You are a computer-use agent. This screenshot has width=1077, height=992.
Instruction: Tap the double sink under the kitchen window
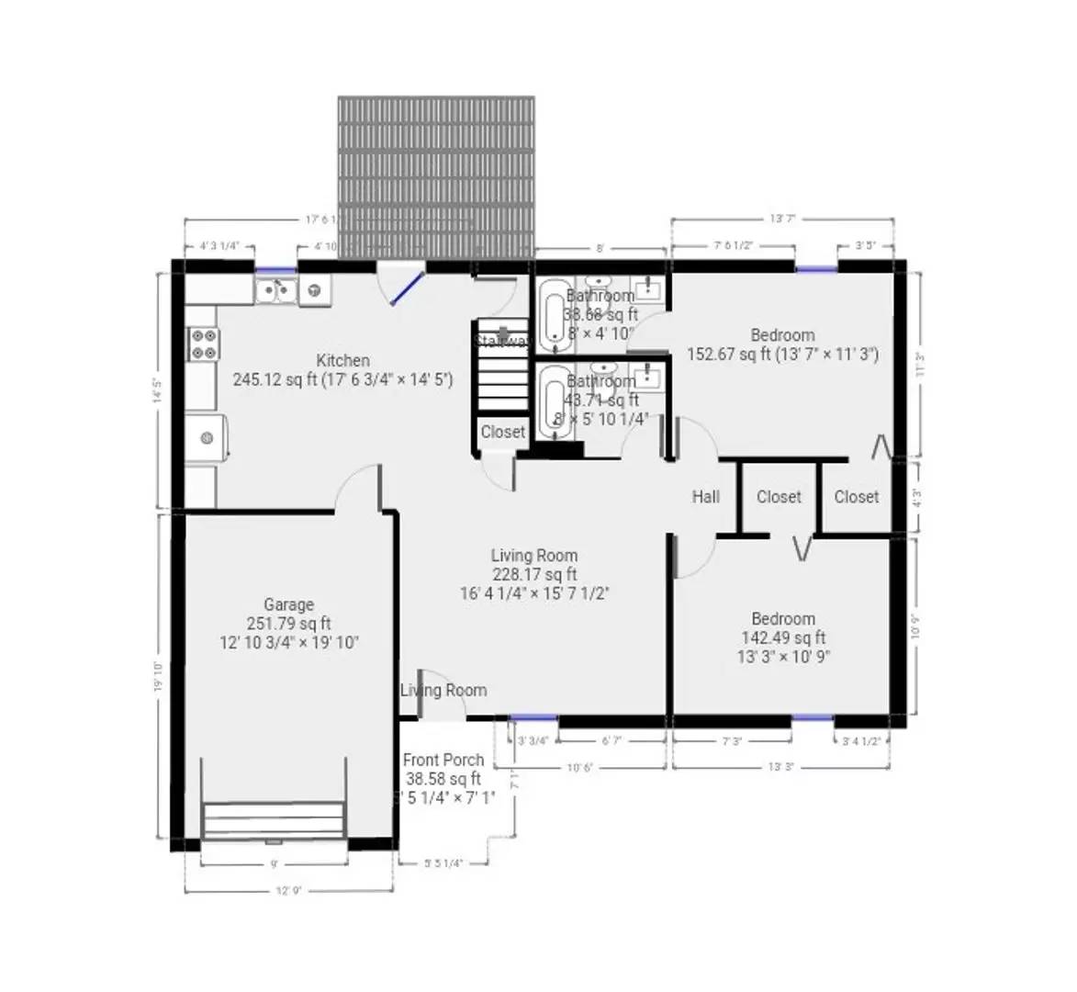(x=275, y=290)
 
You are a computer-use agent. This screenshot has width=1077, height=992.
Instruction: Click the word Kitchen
(x=342, y=361)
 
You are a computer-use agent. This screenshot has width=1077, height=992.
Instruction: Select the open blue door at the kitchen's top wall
(x=406, y=287)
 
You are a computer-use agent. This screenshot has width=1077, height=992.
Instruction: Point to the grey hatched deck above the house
(x=436, y=175)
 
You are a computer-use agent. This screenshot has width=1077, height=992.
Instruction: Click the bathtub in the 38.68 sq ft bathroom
(x=553, y=317)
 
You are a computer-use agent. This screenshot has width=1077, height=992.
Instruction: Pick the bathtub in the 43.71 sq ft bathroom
(x=553, y=401)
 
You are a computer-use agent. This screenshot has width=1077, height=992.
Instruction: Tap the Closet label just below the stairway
(x=502, y=432)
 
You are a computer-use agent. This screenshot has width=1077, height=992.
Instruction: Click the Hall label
(x=705, y=497)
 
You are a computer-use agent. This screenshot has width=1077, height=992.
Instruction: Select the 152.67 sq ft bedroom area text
(x=782, y=355)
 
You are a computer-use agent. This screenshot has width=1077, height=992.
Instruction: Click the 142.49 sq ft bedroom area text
(x=782, y=637)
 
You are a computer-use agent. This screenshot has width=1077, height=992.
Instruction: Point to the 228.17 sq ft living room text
(x=534, y=575)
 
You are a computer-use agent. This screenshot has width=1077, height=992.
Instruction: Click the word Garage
(x=288, y=604)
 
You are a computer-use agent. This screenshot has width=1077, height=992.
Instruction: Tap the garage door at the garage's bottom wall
(x=274, y=820)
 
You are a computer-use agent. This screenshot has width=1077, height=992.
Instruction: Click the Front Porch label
(x=443, y=760)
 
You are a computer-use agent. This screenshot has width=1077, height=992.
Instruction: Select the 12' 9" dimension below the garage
(x=289, y=890)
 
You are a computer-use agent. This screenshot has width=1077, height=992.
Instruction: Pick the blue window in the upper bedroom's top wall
(x=815, y=268)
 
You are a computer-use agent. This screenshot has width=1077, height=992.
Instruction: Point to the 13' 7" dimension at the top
(x=781, y=219)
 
